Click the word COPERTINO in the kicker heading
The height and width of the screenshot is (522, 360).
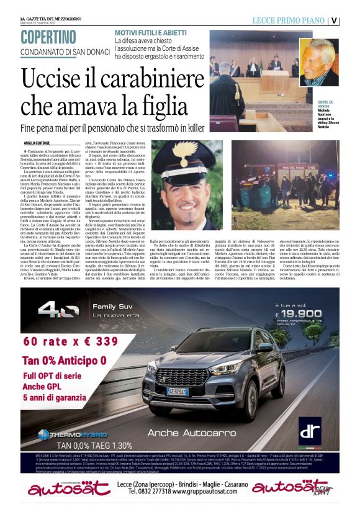48,37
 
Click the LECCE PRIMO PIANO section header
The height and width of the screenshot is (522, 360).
287,20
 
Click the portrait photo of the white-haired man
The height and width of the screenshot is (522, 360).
318,62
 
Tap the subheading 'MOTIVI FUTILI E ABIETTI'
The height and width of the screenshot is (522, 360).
153,31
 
